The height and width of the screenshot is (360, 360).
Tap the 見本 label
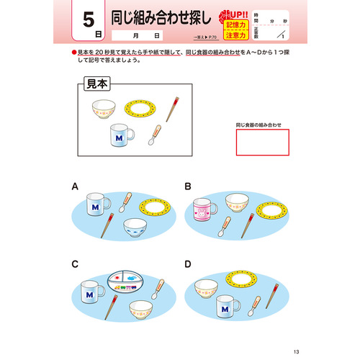(96, 84)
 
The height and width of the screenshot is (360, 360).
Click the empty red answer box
(262, 141)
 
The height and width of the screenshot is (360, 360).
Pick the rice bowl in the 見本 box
(103, 110)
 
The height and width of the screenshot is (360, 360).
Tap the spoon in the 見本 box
(154, 135)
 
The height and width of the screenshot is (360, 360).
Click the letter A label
(75, 186)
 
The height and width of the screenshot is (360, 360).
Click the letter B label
(188, 186)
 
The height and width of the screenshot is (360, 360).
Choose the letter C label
(75, 264)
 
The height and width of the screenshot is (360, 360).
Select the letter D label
(188, 264)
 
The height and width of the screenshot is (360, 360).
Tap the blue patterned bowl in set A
(137, 228)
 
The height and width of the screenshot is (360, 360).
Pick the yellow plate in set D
(243, 277)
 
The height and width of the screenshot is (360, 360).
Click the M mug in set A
(96, 205)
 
